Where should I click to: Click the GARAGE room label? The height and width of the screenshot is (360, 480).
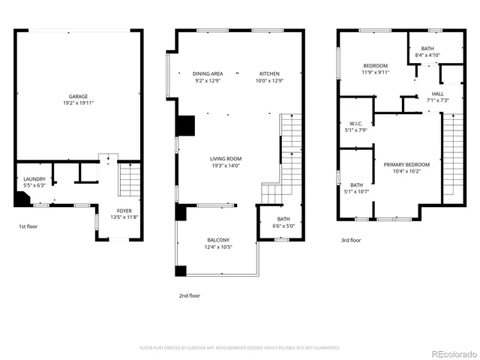tap(79, 96)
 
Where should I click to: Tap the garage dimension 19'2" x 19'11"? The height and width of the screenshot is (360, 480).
tap(79, 103)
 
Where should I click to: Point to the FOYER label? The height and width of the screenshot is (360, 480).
tap(124, 211)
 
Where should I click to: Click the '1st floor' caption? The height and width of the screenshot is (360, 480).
tap(28, 226)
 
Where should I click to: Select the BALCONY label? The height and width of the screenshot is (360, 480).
tap(218, 240)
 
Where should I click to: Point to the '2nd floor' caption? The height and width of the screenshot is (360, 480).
tap(189, 295)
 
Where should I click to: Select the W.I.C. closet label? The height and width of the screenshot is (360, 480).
tap(356, 124)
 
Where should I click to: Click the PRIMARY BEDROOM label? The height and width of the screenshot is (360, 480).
tap(406, 164)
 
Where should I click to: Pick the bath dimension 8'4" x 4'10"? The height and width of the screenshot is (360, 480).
tap(427, 55)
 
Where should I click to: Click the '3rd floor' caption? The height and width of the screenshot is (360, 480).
tap(351, 241)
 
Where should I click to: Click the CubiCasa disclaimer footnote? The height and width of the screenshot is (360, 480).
tap(240, 348)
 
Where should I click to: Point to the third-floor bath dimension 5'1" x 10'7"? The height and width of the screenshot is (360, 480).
tap(356, 191)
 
